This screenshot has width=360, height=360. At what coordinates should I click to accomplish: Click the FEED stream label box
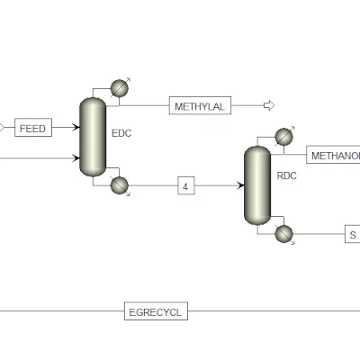coord(33,128)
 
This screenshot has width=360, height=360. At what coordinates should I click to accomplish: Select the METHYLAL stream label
coord(200,105)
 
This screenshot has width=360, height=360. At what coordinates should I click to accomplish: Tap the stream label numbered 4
coord(186,185)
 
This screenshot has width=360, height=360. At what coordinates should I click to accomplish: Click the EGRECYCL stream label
coord(156,311)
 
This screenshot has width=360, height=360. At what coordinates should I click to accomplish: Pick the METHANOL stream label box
coord(333,155)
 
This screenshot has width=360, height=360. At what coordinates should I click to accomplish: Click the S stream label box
coord(352,234)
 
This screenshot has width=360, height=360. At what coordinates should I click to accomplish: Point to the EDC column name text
coord(121,133)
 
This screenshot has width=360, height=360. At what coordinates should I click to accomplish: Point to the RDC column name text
coord(286,175)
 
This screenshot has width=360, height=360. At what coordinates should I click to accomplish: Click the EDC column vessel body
coord(93,137)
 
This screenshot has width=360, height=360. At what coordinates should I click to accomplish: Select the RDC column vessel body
coord(257,185)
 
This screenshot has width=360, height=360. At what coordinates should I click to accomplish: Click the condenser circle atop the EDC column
coord(120,88)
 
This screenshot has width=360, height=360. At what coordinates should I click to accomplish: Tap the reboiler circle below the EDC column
coord(120,185)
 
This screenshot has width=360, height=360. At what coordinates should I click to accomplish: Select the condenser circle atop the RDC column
coord(283,137)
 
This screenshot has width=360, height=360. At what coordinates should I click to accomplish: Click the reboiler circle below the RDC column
coord(283,234)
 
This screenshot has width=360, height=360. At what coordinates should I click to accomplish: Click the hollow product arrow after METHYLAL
coord(269,105)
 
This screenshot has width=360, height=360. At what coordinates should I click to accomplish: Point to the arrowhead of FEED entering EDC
coord(76,127)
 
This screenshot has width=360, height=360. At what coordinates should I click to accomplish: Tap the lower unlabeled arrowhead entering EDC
coord(76,157)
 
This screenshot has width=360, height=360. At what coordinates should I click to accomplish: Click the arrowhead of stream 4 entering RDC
coord(240,185)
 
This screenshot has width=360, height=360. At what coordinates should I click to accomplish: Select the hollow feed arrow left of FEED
coord(2,128)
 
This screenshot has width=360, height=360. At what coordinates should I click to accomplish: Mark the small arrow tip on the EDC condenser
coord(129,79)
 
